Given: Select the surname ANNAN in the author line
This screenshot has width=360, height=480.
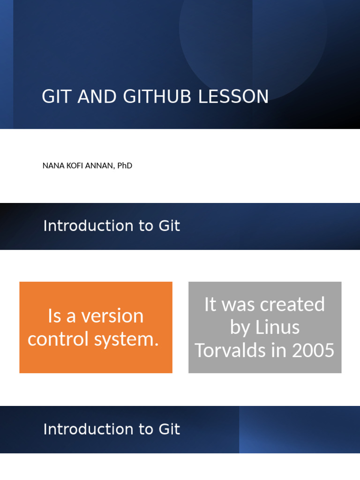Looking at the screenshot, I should pyautogui.click(x=98, y=165).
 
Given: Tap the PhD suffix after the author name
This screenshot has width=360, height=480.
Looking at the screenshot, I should pyautogui.click(x=124, y=165).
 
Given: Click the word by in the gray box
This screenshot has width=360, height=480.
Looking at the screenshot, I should pyautogui.click(x=240, y=327).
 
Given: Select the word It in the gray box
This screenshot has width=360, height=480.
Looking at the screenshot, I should pyautogui.click(x=210, y=305).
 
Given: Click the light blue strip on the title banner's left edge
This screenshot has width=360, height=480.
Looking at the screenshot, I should pyautogui.click(x=6, y=64).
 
